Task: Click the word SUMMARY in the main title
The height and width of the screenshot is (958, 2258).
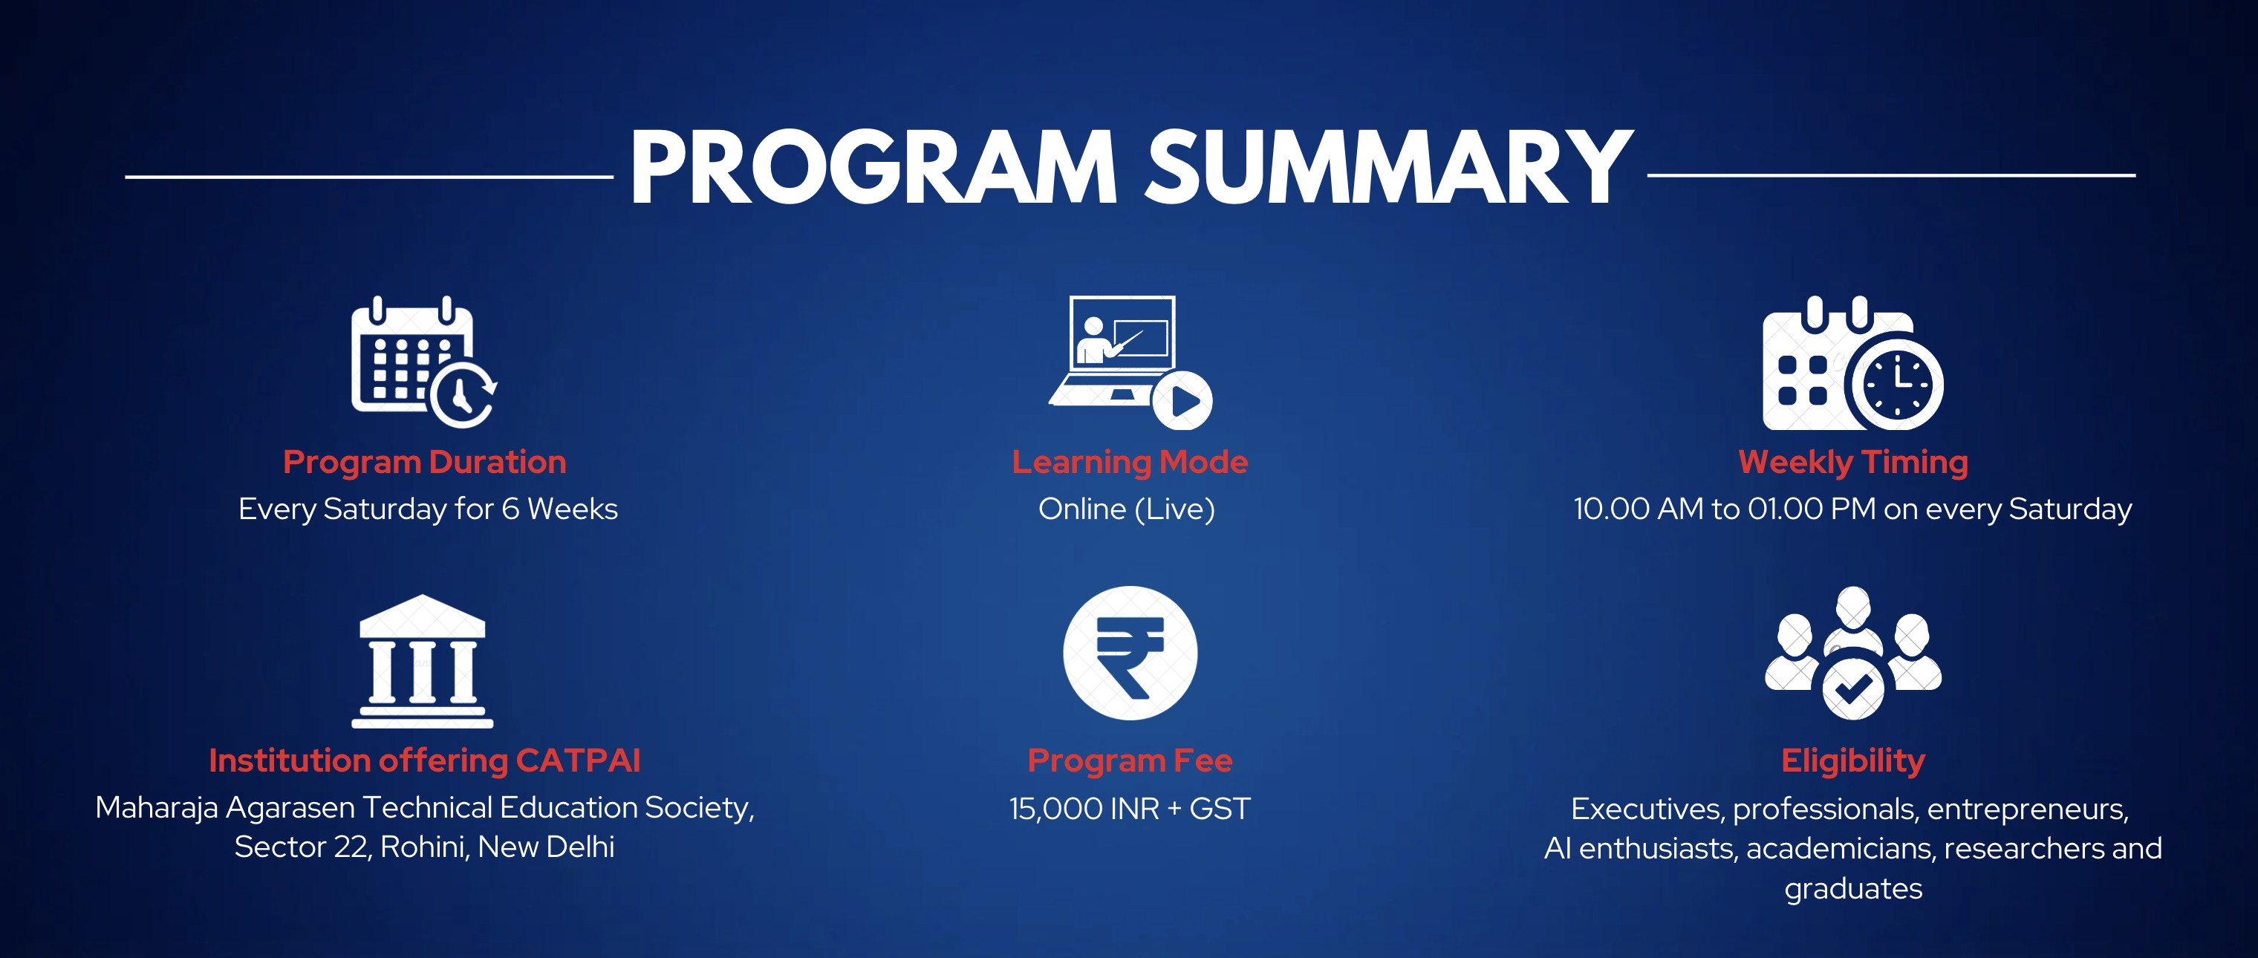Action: point(1389,166)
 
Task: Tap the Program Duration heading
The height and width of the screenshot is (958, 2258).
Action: point(424,463)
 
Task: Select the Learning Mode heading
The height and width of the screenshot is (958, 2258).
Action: point(1129,463)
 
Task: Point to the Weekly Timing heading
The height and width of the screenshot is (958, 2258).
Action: point(1853,463)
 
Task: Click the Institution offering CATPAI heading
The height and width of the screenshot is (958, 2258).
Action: point(424,760)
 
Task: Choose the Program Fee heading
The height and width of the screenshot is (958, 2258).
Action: point(1130,760)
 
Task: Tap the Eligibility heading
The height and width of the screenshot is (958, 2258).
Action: point(1853,760)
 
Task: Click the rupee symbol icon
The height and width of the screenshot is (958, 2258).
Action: point(1130,653)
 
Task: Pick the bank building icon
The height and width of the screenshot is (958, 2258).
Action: point(423,661)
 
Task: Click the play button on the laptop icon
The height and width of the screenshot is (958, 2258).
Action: point(1182,400)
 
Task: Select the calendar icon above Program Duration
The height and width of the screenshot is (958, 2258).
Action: point(424,362)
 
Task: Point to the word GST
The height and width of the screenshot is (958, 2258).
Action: point(1220,808)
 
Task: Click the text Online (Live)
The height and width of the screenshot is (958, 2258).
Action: point(1126,509)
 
